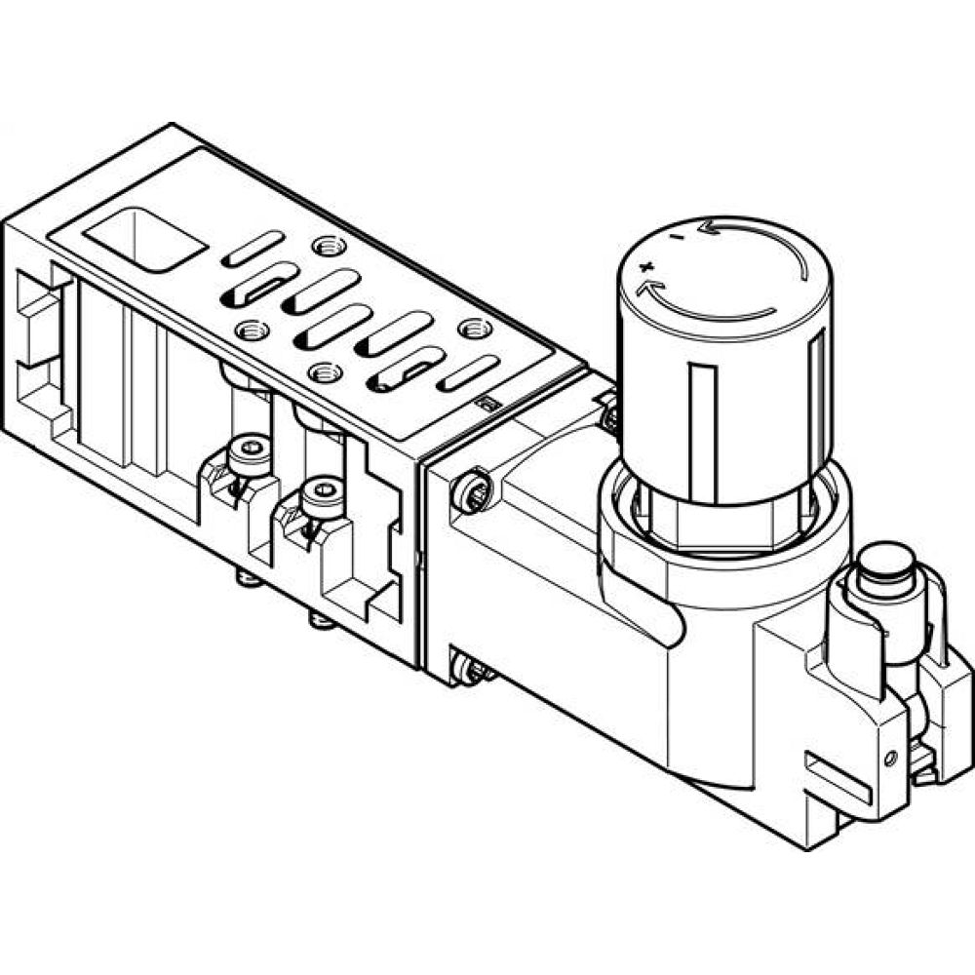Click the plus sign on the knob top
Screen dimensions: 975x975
[x=643, y=266]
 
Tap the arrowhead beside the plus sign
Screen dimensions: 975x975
[x=645, y=289]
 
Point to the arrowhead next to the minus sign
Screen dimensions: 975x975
[x=715, y=230]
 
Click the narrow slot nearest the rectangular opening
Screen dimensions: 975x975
[x=253, y=249]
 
